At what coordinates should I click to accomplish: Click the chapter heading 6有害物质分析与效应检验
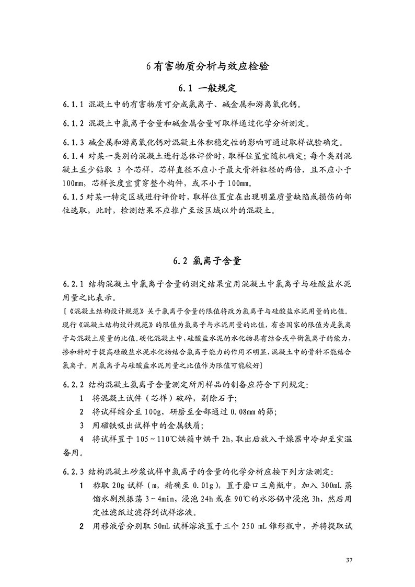[x=208, y=67]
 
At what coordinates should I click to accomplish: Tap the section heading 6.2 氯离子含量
[x=208, y=260]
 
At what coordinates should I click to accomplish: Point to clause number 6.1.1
[x=73, y=104]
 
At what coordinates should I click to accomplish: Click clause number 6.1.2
[x=73, y=124]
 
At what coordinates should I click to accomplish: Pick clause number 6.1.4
[x=73, y=156]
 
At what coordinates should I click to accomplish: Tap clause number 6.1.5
[x=73, y=198]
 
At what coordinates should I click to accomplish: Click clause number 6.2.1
[x=73, y=284]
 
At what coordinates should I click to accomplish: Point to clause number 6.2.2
[x=73, y=385]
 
